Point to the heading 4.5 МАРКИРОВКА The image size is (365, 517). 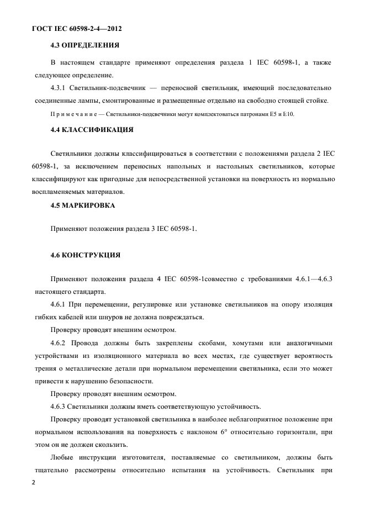[x=83, y=205]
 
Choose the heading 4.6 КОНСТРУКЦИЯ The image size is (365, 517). [x=85, y=255]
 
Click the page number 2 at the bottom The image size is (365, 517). [x=34, y=482]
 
